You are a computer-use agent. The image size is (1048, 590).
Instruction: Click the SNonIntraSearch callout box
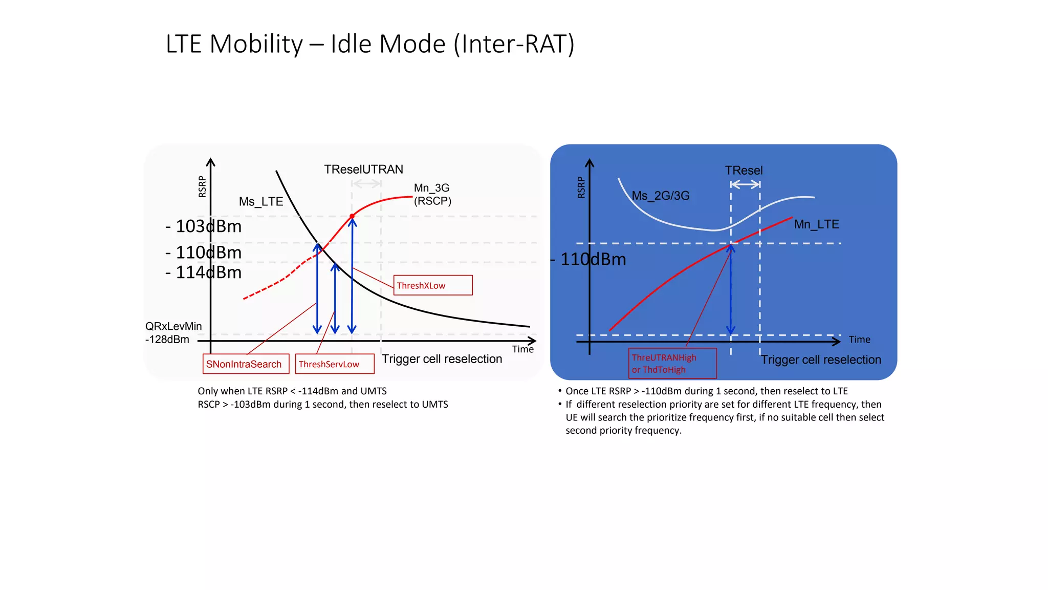[246, 364]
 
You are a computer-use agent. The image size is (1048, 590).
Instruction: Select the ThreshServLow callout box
[335, 364]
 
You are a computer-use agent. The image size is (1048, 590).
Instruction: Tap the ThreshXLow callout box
[433, 285]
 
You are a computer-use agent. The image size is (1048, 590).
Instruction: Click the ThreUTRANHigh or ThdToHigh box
[672, 364]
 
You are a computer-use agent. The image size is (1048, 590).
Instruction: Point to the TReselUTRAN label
[363, 170]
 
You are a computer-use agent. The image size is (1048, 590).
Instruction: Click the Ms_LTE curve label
[261, 202]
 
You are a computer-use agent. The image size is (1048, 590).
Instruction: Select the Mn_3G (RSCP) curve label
[432, 195]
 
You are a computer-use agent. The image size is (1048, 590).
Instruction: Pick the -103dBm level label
[204, 226]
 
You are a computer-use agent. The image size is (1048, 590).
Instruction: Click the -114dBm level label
[204, 272]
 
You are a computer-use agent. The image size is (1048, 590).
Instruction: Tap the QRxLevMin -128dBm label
[173, 333]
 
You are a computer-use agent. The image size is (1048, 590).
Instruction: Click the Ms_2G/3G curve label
[661, 196]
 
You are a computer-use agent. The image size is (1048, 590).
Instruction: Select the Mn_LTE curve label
[816, 224]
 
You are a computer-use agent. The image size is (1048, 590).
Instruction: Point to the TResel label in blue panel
[744, 171]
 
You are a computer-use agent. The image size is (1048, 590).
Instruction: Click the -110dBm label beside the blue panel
[588, 260]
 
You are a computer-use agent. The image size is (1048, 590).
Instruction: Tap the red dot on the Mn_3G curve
[352, 216]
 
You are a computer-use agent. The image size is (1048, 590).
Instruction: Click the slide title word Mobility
[256, 44]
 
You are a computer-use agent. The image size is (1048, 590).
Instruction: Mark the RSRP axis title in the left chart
[202, 186]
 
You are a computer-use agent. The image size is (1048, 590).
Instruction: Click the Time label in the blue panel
[859, 340]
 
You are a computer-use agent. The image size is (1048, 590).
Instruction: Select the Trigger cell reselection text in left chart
[442, 359]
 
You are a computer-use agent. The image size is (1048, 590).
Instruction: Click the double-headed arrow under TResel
[745, 184]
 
